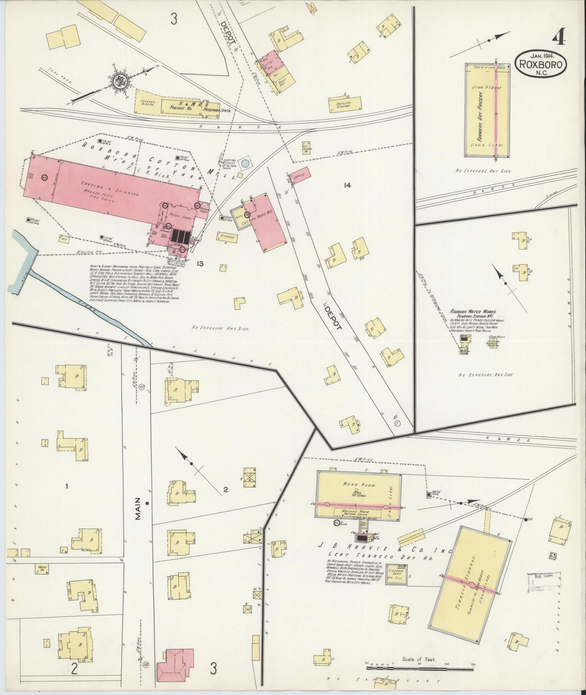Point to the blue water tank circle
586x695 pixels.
(x=245, y=163)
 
